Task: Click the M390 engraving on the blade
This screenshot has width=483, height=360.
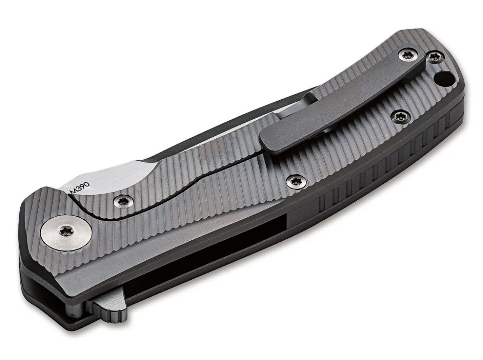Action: point(80,188)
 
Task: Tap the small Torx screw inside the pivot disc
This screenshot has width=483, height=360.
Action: point(65,231)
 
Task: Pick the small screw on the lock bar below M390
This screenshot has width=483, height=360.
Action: point(124,201)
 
